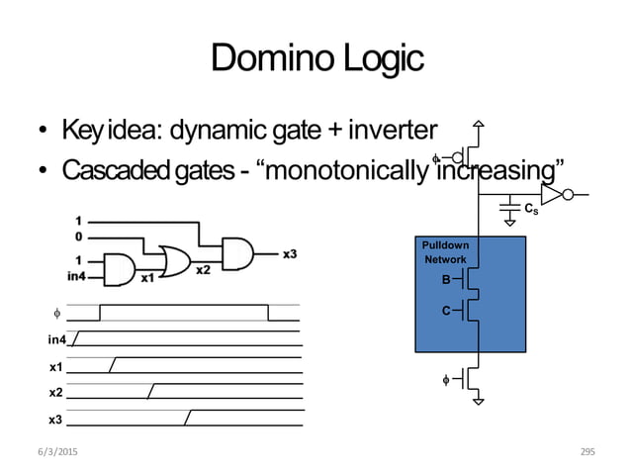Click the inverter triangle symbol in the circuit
(551, 193)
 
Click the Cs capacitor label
(531, 209)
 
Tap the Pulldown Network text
(445, 251)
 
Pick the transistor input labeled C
(447, 312)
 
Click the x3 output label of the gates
(291, 254)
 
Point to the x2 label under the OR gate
(202, 270)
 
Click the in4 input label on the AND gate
(77, 275)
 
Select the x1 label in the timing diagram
(55, 366)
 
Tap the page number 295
(588, 451)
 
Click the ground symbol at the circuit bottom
(478, 400)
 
